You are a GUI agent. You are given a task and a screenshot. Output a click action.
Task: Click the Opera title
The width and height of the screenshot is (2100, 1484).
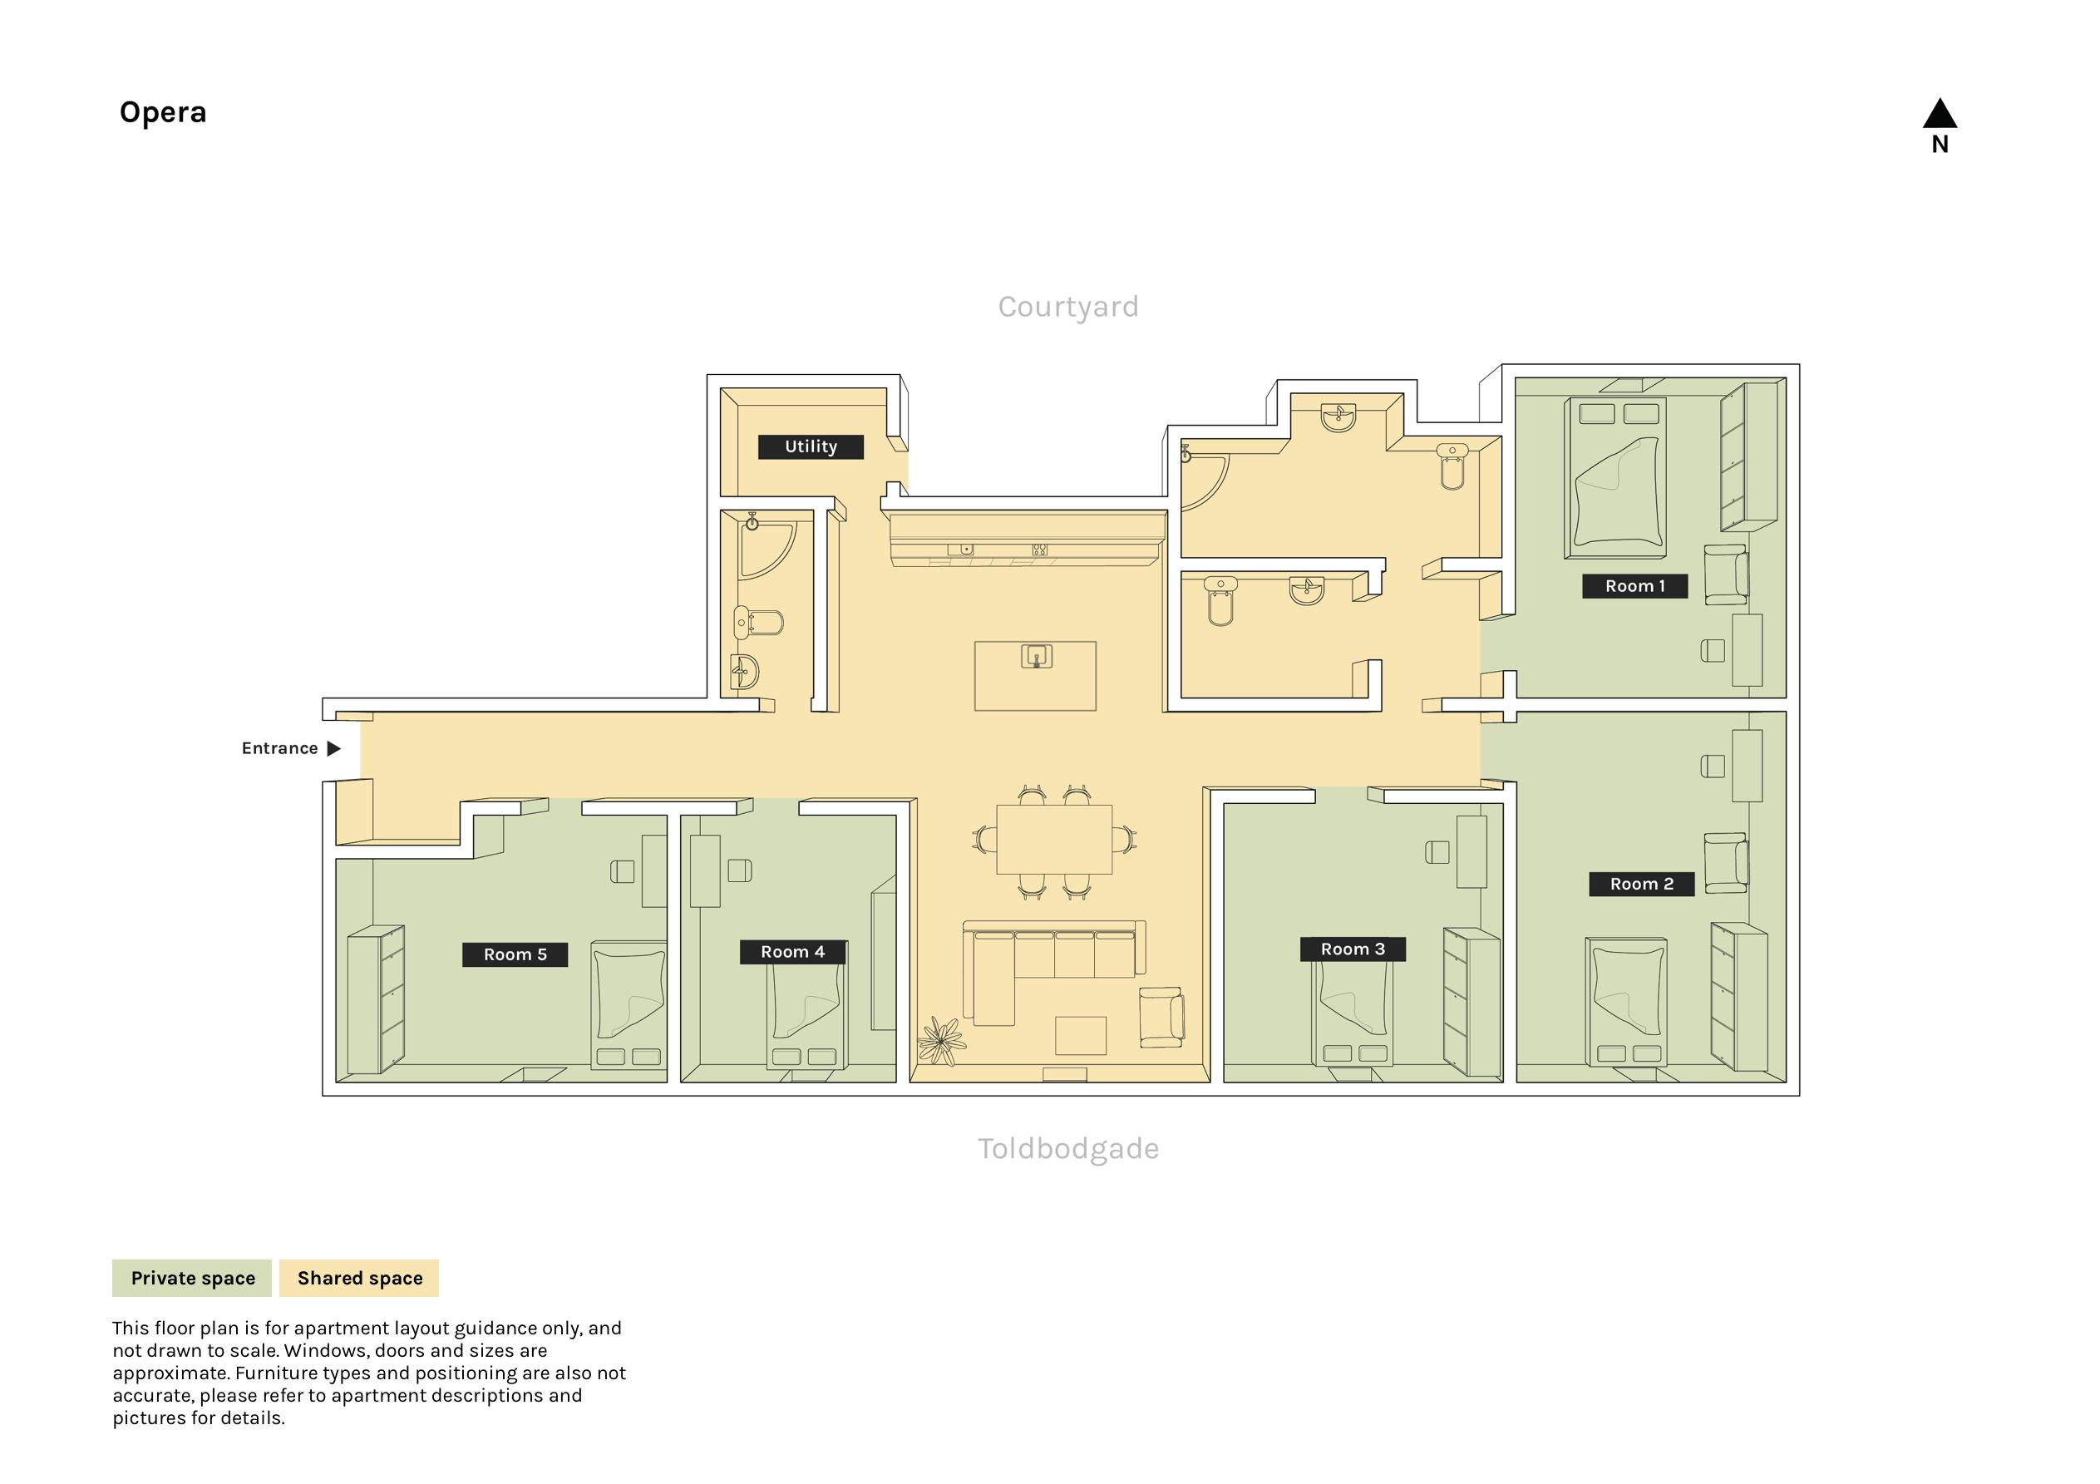coord(163,112)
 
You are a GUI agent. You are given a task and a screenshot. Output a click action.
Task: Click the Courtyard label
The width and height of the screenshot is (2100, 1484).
coord(1068,308)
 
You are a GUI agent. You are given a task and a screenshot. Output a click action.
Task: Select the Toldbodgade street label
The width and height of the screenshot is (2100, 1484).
coord(1068,1148)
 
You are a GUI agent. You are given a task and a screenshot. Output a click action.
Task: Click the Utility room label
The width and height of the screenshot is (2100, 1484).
coord(811,446)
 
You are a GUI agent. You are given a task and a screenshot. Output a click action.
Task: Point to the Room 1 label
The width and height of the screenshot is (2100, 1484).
coord(1635,586)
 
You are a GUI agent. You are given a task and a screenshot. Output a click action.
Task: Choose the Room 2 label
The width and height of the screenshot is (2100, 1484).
coord(1642,884)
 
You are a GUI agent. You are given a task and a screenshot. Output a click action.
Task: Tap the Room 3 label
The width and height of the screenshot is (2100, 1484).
coord(1353,949)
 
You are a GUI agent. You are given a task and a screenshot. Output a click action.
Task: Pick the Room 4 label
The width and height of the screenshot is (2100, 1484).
coord(793,952)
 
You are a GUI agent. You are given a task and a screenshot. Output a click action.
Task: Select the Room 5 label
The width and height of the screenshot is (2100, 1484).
coord(515,954)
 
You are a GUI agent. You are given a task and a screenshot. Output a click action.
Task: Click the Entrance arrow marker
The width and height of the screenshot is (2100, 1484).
coord(334,748)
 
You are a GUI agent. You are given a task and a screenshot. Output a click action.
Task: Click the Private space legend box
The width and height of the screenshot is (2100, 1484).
coord(192,1278)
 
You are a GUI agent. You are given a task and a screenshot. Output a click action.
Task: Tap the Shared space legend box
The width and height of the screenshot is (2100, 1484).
coord(359,1278)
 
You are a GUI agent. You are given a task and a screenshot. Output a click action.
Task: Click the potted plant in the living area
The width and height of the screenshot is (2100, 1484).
coord(941,1042)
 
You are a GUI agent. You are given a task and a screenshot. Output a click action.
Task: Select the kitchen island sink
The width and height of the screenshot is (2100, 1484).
coord(1036,657)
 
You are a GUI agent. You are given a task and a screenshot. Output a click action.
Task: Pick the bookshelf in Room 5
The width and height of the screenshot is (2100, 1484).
coord(376,999)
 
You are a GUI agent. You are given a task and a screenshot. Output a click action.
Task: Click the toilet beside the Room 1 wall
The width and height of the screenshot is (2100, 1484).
coord(1452,466)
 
